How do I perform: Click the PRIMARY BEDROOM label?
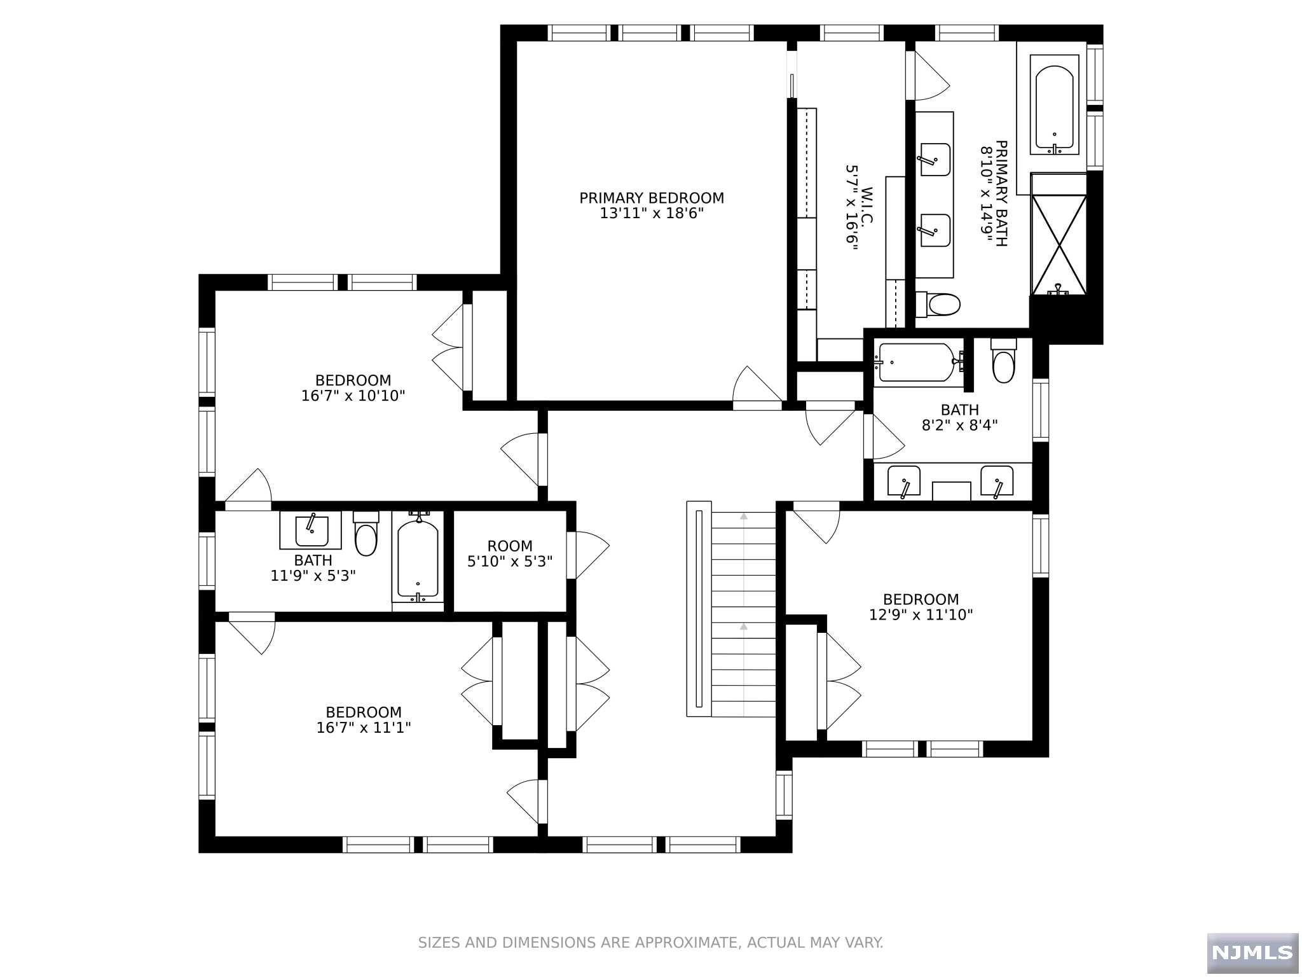(x=651, y=198)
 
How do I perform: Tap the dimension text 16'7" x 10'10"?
(x=353, y=396)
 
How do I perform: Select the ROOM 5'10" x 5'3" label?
(x=510, y=554)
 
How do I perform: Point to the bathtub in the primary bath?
(x=1054, y=104)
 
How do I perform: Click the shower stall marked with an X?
(x=1059, y=245)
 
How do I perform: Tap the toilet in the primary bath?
(x=939, y=304)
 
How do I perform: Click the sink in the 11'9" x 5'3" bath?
(x=312, y=530)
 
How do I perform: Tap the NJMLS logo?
(x=1252, y=952)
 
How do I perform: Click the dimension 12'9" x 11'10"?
(x=921, y=615)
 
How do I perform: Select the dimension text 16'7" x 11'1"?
(x=364, y=728)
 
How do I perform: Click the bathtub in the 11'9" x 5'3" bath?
(x=418, y=559)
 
